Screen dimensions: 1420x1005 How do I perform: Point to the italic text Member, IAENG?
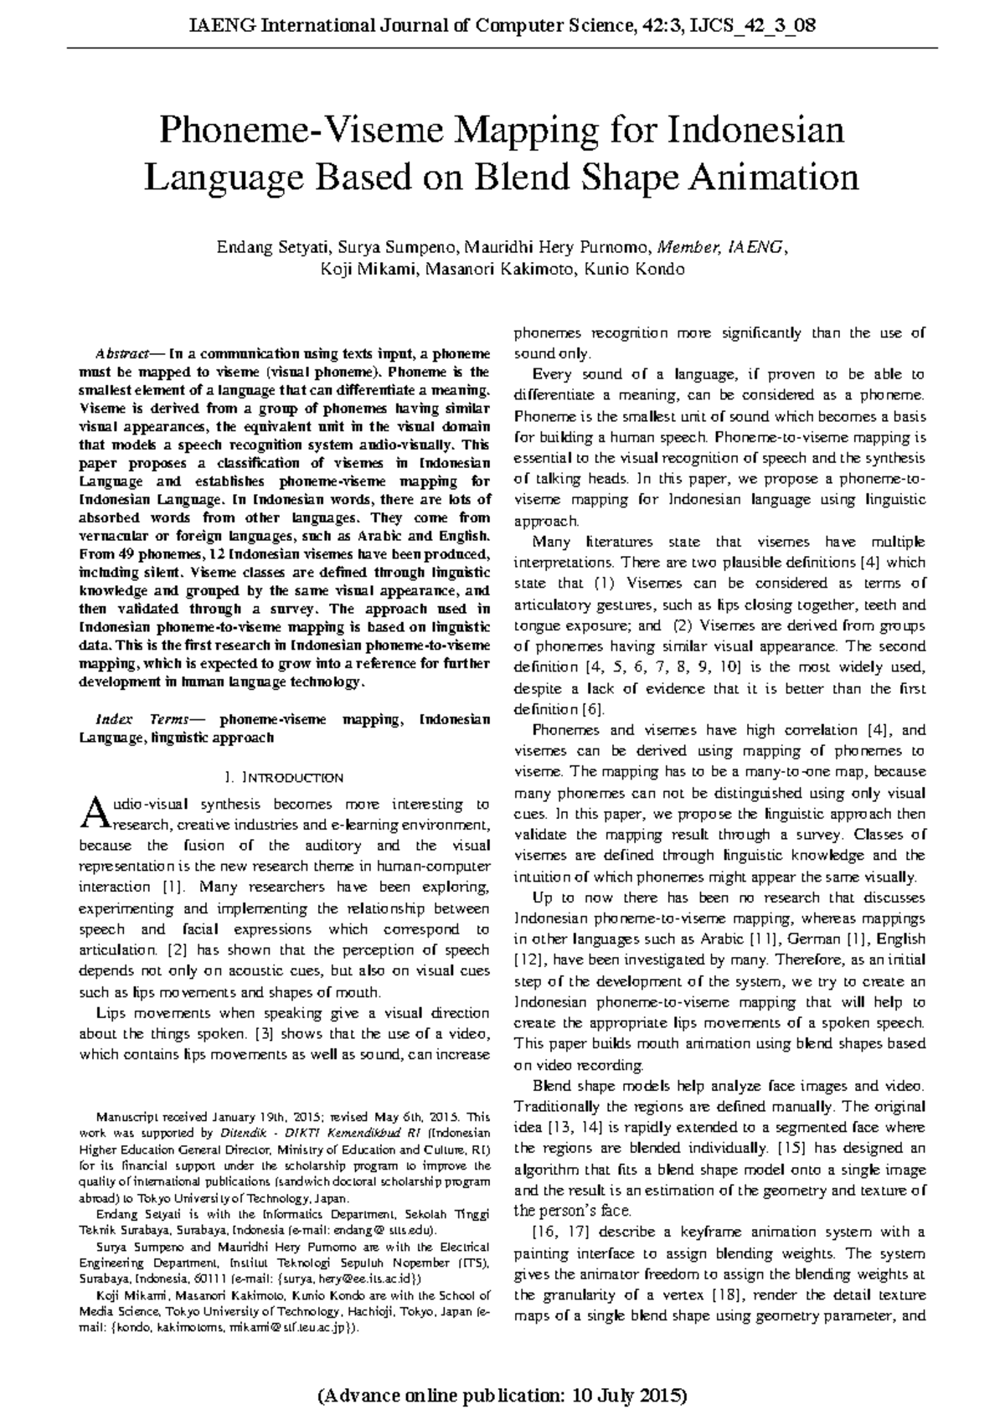pos(722,248)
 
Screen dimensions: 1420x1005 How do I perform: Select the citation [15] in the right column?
pos(791,1148)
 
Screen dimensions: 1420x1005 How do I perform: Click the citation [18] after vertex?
pos(724,1295)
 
